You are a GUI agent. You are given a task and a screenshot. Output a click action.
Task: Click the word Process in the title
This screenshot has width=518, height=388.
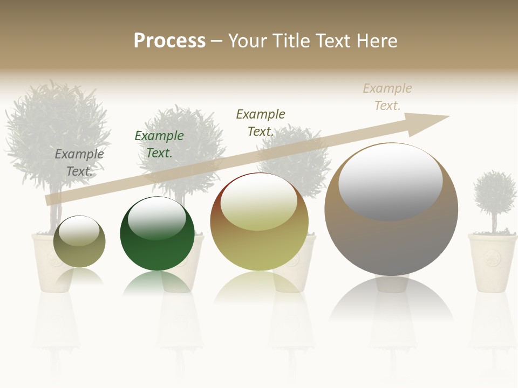(169, 41)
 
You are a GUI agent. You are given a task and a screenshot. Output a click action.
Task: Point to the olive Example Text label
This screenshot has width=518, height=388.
(261, 123)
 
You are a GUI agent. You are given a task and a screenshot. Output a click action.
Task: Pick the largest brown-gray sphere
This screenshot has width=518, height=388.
(391, 237)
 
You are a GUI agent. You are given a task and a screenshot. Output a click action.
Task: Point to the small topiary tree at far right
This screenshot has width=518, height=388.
(494, 194)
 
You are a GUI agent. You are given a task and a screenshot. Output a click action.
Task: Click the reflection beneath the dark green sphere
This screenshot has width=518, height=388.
(157, 283)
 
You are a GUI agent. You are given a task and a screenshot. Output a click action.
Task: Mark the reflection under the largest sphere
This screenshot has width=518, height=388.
(391, 302)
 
